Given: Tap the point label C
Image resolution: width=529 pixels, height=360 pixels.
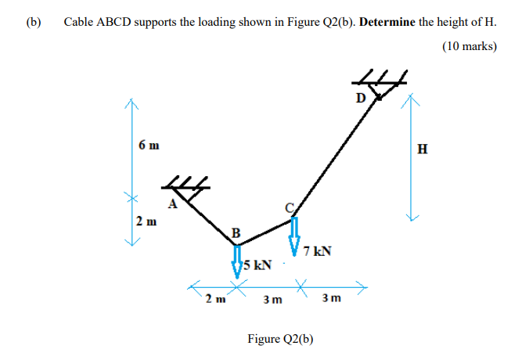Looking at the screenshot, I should coord(289,206).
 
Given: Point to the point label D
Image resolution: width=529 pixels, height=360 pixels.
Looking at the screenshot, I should coord(360,98).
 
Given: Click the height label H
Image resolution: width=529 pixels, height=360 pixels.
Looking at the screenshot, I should coord(423,149).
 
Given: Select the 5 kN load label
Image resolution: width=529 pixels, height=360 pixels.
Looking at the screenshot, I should coord(258,265).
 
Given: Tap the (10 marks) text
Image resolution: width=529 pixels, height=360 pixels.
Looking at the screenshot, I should coord(469,46).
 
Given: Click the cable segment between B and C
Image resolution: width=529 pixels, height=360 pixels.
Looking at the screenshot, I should coord(264,232).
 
